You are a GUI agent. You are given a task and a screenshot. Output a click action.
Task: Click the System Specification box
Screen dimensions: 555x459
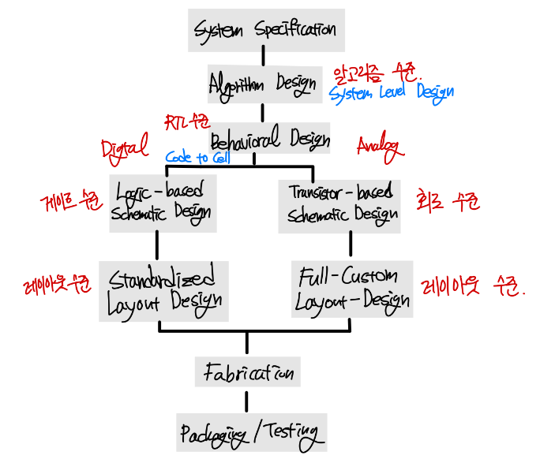pos(266,30)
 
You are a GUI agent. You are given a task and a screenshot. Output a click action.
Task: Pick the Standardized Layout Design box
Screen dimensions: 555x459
pos(164,290)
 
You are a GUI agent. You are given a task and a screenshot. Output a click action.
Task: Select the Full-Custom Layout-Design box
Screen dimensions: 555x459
pos(352,289)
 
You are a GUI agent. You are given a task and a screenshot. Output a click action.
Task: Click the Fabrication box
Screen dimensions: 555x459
pos(249,371)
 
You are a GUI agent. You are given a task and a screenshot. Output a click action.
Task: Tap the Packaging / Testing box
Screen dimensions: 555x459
pos(251,432)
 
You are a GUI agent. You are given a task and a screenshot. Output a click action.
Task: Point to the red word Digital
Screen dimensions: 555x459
pos(124,147)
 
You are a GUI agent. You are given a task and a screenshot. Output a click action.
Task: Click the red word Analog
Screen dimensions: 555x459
pos(379,147)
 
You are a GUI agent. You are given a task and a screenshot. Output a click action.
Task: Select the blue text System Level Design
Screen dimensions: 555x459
pos(391,93)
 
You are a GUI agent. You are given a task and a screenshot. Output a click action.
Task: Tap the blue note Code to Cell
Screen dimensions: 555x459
pos(197,158)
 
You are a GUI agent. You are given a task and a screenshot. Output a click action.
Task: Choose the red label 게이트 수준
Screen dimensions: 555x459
pos(69,202)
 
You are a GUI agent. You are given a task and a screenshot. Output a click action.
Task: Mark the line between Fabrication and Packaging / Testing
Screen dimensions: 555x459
pos(247,400)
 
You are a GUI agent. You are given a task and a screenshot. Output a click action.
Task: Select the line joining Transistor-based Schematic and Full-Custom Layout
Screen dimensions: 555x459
pos(351,247)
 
